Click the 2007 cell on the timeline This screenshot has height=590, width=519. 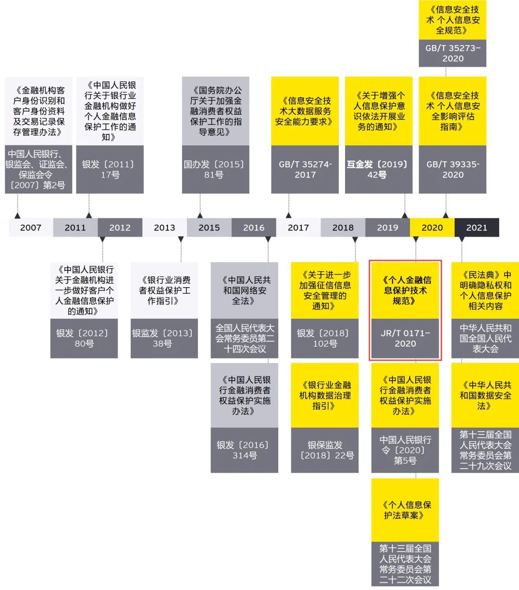tap(31, 228)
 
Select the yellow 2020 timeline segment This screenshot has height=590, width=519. tap(432, 228)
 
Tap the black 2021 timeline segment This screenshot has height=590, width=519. tap(477, 228)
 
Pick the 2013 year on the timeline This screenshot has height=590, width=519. tap(164, 228)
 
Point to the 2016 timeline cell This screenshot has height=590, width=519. tap(254, 228)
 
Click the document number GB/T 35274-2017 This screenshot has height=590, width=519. tap(305, 169)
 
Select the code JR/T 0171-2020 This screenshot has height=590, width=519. tap(405, 338)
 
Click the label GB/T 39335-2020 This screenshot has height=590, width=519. tap(453, 169)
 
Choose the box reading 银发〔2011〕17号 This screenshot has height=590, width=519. tap(110, 169)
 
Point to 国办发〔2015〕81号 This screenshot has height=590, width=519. tap(215, 169)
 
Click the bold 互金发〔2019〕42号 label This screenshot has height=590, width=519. tap(378, 169)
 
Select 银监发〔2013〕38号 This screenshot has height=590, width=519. tap(164, 338)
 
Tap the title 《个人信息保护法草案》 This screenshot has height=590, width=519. tap(405, 510)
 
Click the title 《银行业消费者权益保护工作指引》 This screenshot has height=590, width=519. tap(164, 290)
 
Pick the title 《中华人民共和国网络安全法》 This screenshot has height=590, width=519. tap(245, 290)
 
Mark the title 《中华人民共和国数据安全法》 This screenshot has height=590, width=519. tap(485, 395)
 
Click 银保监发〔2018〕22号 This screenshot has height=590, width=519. tap(324, 450)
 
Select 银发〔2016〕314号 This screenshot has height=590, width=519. tap(244, 450)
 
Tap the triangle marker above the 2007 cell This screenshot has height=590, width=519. tap(18, 216)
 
